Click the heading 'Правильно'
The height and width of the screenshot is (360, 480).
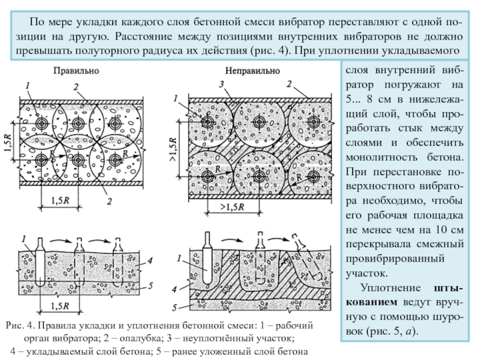click(x=76, y=71)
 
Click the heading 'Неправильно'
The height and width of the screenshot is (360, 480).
click(x=253, y=71)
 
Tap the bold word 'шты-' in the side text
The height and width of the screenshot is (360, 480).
click(x=448, y=288)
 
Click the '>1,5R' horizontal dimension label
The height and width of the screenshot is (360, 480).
click(x=232, y=207)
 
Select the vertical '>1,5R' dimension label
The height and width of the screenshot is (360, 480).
click(x=173, y=149)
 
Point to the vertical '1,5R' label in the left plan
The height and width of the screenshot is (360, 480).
click(x=8, y=142)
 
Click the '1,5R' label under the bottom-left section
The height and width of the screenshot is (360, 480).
click(x=59, y=306)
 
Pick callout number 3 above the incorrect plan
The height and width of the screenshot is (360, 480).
click(x=222, y=84)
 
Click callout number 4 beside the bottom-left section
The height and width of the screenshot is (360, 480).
click(x=149, y=261)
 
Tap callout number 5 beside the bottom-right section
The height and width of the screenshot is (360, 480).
click(x=174, y=307)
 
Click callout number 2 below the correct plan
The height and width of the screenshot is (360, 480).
click(x=109, y=201)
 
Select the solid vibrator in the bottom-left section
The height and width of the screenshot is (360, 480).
click(x=40, y=262)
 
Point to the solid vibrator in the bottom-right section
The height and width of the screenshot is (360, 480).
click(x=207, y=258)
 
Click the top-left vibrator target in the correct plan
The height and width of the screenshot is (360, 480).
click(x=41, y=124)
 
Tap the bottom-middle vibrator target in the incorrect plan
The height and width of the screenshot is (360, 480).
click(x=259, y=176)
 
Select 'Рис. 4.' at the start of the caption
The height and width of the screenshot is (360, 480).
click(x=20, y=325)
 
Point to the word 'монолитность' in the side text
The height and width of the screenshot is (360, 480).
click(x=382, y=157)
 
